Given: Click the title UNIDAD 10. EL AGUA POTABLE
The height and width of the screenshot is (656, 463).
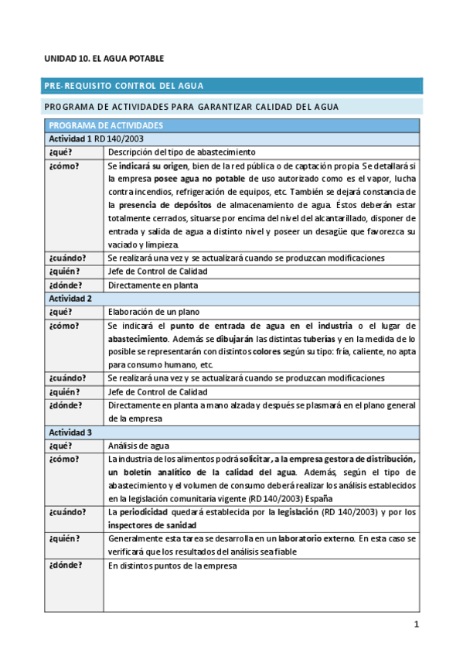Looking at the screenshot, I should click(x=104, y=59).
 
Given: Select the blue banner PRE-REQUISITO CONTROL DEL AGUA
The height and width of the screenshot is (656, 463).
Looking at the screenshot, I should click(x=124, y=86).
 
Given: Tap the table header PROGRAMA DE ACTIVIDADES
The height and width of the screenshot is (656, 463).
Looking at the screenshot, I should click(x=105, y=125).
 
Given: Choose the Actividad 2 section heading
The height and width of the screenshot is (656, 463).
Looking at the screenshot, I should click(x=70, y=298).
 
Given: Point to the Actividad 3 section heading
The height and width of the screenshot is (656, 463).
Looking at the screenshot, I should click(x=70, y=431).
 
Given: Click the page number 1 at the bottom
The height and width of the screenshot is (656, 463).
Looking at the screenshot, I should click(x=416, y=624).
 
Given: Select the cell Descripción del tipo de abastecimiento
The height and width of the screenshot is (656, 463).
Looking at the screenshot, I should click(x=182, y=152).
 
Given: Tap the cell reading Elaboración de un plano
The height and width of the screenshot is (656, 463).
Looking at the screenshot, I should click(x=153, y=312).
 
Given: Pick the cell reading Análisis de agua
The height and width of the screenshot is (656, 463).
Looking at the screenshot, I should click(x=139, y=445).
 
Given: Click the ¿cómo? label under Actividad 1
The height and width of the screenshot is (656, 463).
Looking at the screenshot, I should click(x=63, y=166).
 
